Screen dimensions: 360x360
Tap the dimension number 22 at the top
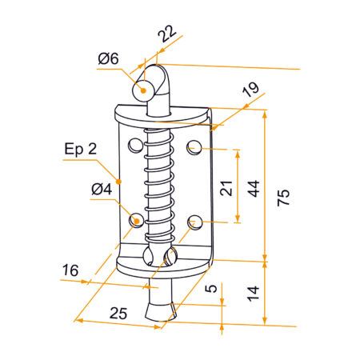[167, 34]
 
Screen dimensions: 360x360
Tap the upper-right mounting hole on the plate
[194, 146]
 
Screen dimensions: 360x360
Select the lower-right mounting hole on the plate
[194, 222]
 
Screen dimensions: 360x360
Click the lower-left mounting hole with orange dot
[136, 218]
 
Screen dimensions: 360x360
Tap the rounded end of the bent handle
[145, 89]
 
